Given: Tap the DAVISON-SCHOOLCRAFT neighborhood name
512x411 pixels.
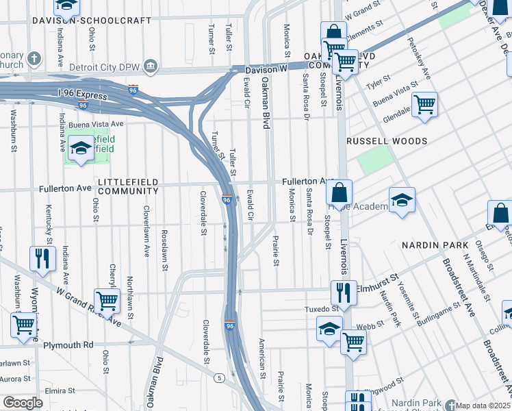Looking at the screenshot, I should [x=91, y=21].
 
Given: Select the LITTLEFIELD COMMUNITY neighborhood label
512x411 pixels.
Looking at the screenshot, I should [x=128, y=186].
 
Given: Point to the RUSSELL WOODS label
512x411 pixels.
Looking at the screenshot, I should [x=387, y=141].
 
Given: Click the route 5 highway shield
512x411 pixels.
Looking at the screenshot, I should [x=219, y=377].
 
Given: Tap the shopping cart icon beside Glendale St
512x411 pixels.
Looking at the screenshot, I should [x=424, y=105].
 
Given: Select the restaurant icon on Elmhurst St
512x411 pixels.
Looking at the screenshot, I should [x=344, y=290].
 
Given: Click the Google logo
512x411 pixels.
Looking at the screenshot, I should [x=23, y=403].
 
